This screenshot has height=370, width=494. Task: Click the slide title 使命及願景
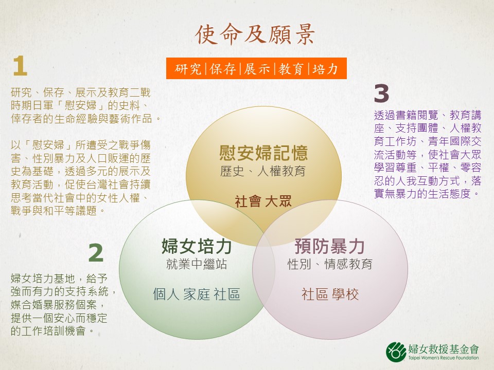(255, 34)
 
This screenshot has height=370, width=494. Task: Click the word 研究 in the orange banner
(188, 68)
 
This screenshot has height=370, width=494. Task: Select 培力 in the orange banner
(325, 68)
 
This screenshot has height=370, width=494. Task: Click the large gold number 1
(20, 66)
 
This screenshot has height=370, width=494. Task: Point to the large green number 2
(96, 253)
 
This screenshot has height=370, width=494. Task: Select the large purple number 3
(381, 94)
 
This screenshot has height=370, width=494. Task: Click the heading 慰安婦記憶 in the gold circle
(263, 153)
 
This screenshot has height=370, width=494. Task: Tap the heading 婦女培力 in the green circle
(197, 246)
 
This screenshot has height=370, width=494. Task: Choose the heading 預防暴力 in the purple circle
(329, 246)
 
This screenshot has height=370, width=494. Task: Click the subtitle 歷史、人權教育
(263, 171)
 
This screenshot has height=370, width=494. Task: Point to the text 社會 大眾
(263, 201)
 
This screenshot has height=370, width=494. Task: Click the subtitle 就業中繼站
(197, 264)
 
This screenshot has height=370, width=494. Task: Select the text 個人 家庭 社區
(197, 294)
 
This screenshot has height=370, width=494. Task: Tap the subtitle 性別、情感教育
(330, 264)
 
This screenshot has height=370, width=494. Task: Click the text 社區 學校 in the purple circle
(330, 294)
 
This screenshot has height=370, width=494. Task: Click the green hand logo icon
(396, 351)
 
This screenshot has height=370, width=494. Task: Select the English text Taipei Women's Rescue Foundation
(444, 358)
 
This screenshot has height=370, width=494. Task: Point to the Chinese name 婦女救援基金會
(444, 349)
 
